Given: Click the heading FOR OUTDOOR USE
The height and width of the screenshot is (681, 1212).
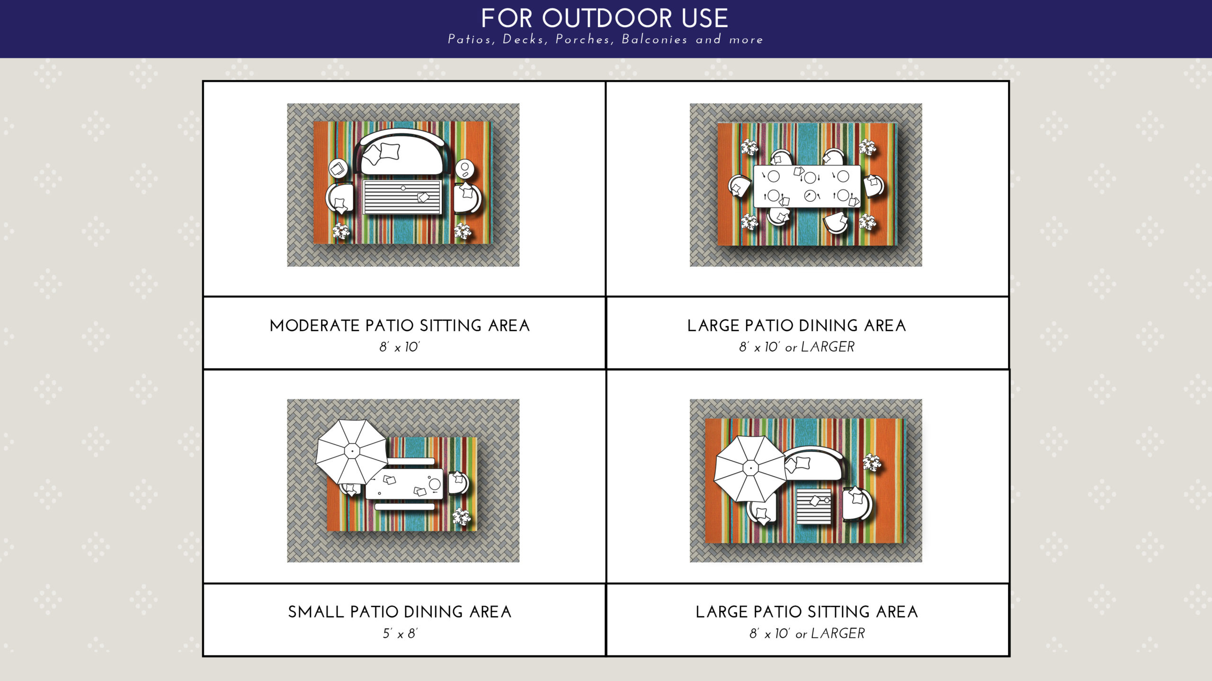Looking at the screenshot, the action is pyautogui.click(x=605, y=18).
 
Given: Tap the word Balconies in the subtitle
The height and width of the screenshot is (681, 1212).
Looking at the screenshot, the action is pyautogui.click(x=654, y=39).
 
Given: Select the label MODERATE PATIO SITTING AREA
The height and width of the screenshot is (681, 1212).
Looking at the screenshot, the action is pyautogui.click(x=400, y=326).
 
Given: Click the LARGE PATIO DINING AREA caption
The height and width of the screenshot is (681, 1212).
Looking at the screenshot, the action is pyautogui.click(x=796, y=326).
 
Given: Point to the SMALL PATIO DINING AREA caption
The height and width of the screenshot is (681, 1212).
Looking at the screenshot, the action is pyautogui.click(x=400, y=612).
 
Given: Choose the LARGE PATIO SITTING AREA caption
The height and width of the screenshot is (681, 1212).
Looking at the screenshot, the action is pyautogui.click(x=807, y=612).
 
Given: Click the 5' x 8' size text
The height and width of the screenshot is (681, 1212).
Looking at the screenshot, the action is pyautogui.click(x=400, y=634).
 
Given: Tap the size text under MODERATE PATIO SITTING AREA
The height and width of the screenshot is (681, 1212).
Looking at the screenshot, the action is pyautogui.click(x=399, y=347).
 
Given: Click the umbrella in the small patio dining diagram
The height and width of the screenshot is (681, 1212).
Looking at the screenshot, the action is pyautogui.click(x=351, y=451).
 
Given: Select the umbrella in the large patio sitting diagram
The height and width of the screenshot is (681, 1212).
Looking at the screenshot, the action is pyautogui.click(x=750, y=468).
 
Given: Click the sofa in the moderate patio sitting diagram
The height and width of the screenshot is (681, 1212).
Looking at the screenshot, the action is pyautogui.click(x=402, y=152).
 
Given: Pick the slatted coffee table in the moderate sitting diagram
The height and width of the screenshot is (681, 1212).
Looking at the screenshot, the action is pyautogui.click(x=402, y=197).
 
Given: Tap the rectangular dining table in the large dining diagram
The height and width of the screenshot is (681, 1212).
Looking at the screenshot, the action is pyautogui.click(x=807, y=186).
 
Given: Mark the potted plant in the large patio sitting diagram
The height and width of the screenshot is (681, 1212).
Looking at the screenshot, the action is pyautogui.click(x=872, y=462).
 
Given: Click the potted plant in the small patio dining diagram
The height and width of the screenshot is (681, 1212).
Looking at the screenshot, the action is pyautogui.click(x=461, y=517).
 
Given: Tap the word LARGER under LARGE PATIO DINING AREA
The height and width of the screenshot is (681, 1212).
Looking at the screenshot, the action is pyautogui.click(x=828, y=347).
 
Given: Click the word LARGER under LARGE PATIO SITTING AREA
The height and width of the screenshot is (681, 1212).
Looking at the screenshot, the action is pyautogui.click(x=838, y=634).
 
